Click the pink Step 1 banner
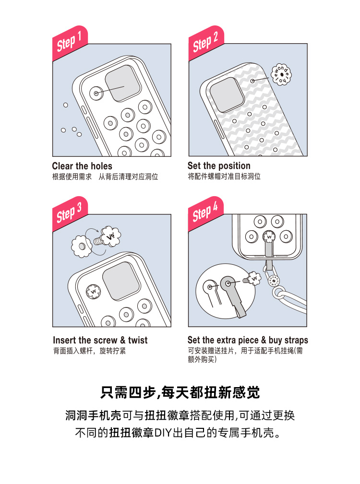pos(70,43)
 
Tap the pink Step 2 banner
pos(206,43)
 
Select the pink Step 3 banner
pos(70,213)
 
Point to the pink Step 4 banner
pos(206,213)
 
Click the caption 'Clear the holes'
pos(82,166)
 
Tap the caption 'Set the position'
pos(219,166)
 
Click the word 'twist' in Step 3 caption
pos(138,340)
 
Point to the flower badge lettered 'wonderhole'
pos(281,75)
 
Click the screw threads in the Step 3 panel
pos(98,241)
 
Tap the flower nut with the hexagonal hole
pos(82,247)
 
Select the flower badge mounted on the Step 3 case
pos(93,291)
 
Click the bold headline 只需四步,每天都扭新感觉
pos(180,393)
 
